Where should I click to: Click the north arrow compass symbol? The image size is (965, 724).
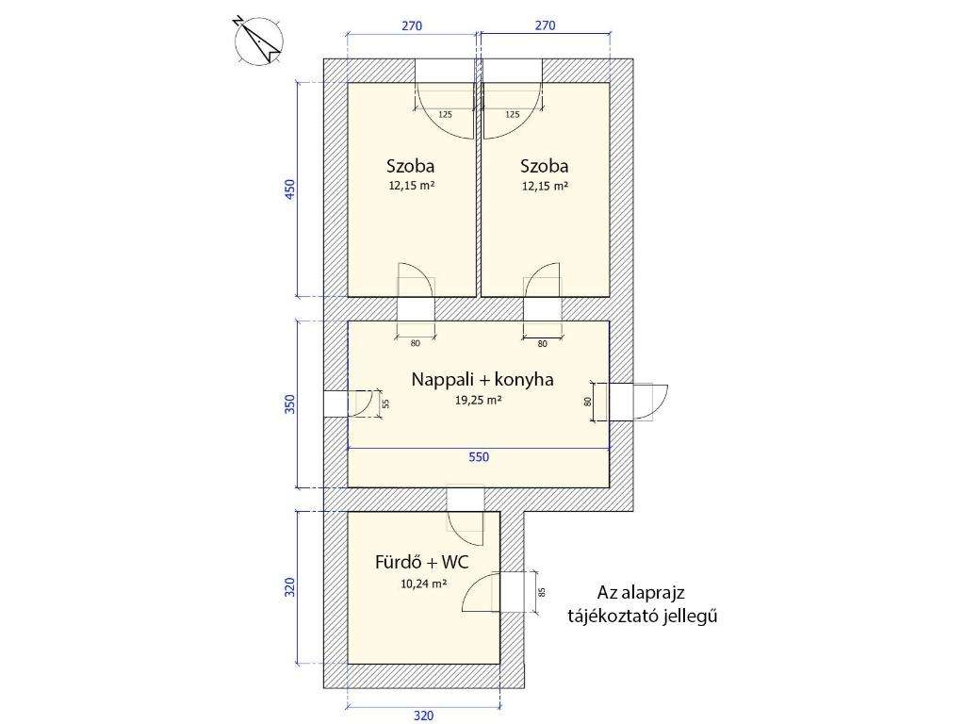click(x=258, y=40)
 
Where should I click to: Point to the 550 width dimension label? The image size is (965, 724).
click(x=479, y=457)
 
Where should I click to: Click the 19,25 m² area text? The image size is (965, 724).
click(x=478, y=400)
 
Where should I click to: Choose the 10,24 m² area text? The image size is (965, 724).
click(x=423, y=584)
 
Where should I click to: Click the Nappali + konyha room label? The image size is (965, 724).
click(x=482, y=379)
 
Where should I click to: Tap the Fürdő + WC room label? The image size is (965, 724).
click(x=421, y=562)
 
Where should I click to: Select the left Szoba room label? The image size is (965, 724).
click(x=411, y=166)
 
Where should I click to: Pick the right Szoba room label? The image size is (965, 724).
click(x=544, y=166)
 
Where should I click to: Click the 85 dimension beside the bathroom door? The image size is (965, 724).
click(x=542, y=592)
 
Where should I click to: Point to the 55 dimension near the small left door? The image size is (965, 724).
click(x=385, y=403)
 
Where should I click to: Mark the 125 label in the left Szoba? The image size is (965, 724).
click(x=445, y=114)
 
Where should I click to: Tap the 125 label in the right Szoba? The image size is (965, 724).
click(x=512, y=114)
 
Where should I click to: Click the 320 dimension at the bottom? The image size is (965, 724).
click(x=423, y=716)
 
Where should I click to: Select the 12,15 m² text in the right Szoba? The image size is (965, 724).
click(x=545, y=186)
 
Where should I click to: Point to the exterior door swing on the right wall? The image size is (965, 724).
click(x=651, y=402)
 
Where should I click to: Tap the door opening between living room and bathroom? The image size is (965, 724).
click(x=466, y=500)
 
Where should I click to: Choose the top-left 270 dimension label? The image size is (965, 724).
click(x=413, y=25)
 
